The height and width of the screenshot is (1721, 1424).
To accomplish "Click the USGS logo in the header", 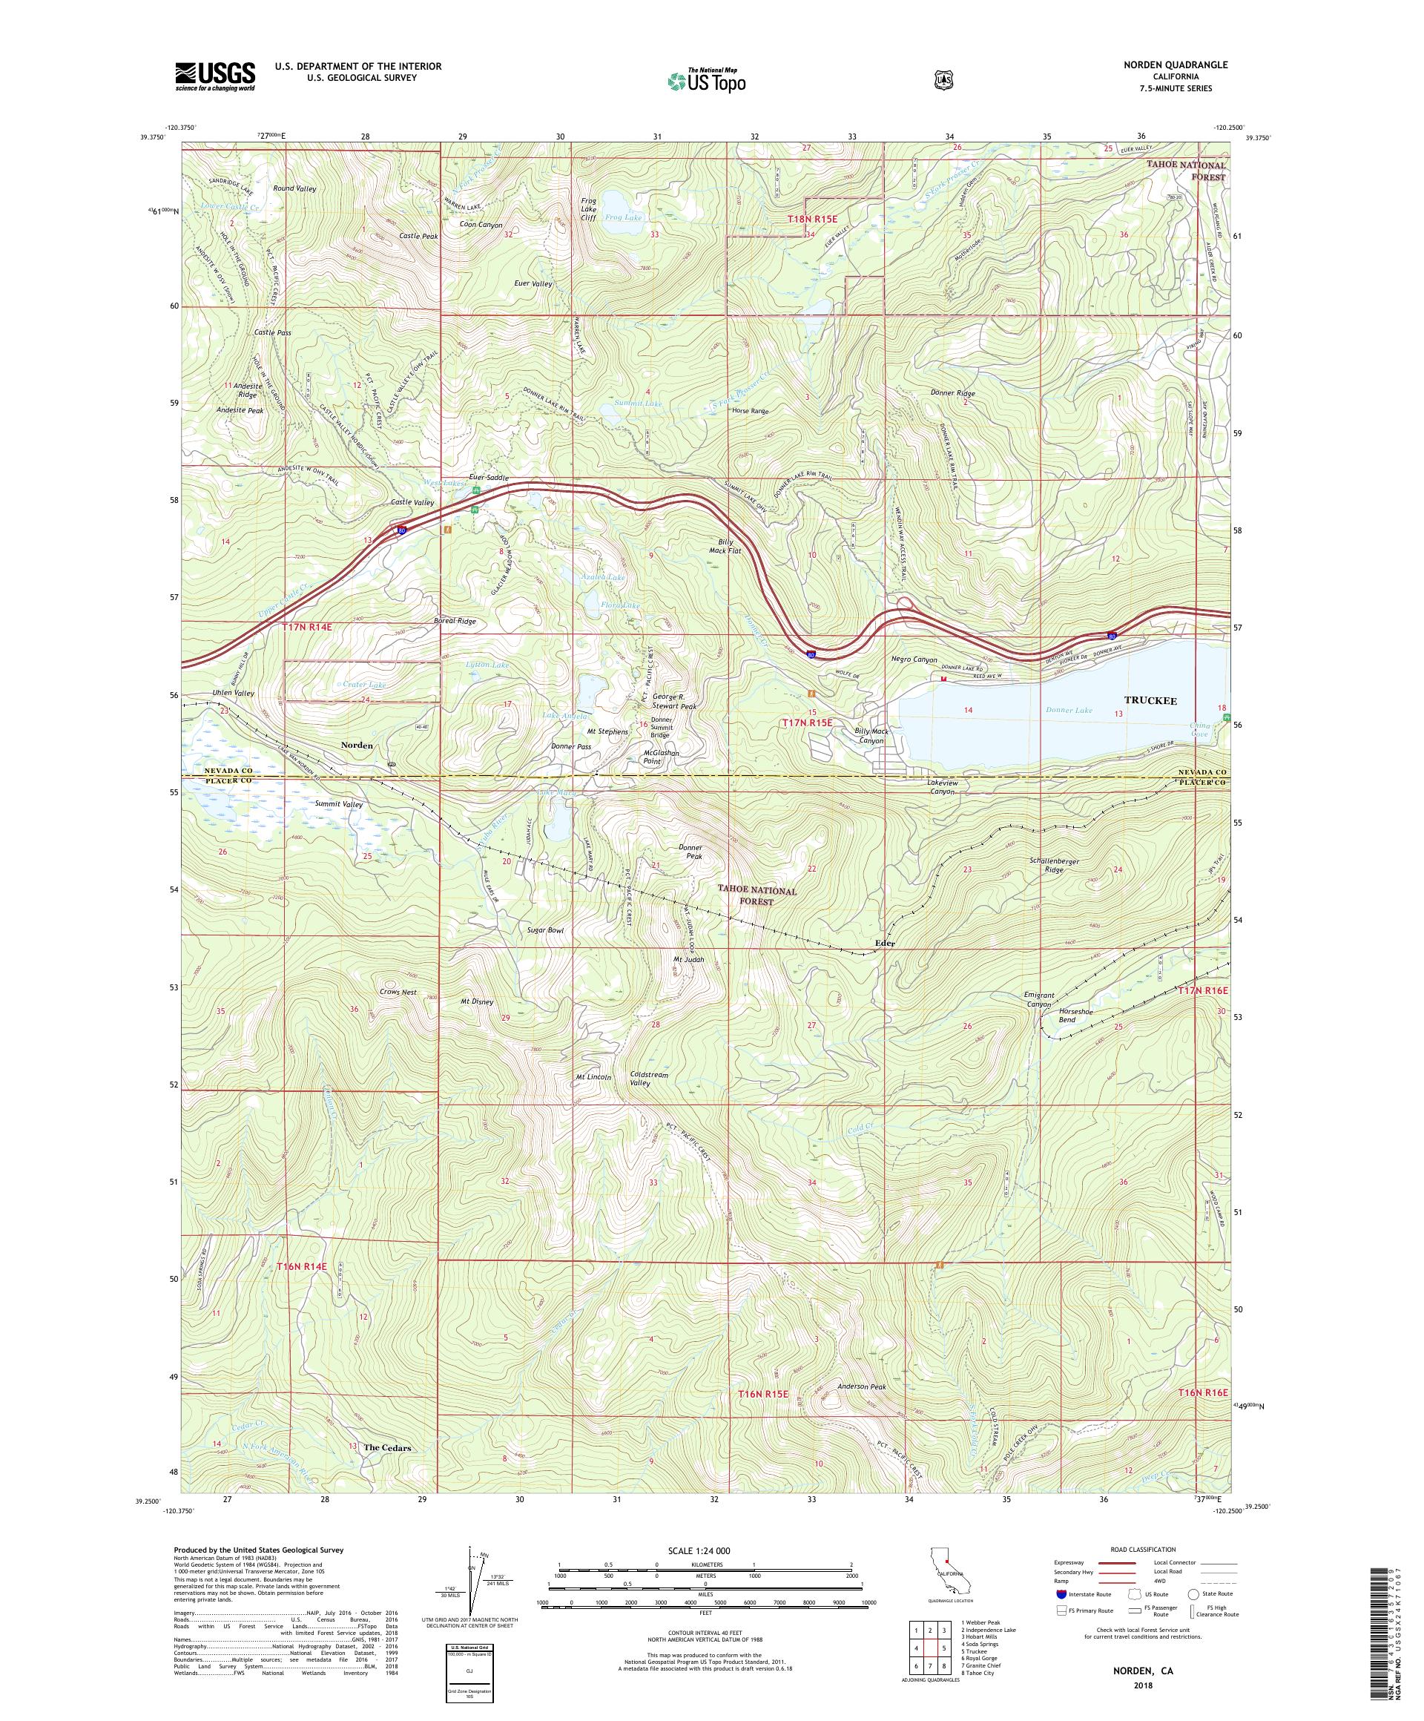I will [214, 76].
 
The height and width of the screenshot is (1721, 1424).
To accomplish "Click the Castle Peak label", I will [419, 236].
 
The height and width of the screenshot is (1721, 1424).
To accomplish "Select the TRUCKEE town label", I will [1150, 701].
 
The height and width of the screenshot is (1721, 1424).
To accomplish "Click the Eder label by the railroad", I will [884, 944].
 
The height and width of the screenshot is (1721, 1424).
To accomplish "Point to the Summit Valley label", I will [339, 805].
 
